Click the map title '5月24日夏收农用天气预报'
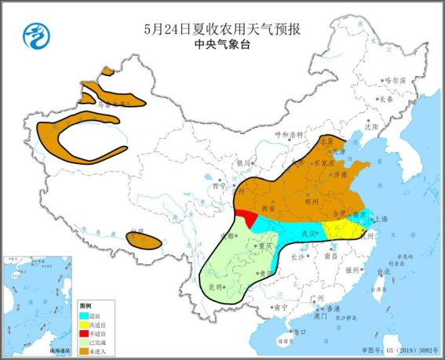pyautogui.click(x=223, y=28)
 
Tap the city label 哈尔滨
pyautogui.click(x=396, y=80)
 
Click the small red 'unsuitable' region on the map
pyautogui.click(x=246, y=216)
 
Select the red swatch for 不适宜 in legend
pyautogui.click(x=84, y=331)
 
